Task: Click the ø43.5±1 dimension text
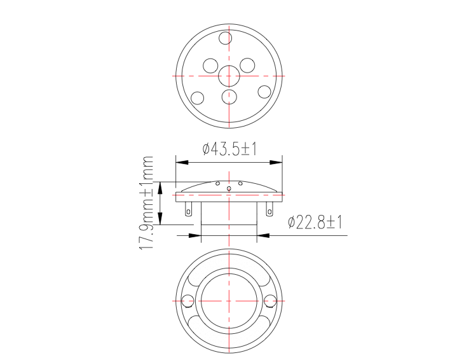[229, 149]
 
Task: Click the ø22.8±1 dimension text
[315, 223]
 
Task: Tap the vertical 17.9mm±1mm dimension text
[147, 203]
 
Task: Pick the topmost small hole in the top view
[225, 38]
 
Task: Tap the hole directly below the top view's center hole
[229, 97]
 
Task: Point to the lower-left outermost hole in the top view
[198, 98]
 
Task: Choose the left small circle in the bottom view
[188, 301]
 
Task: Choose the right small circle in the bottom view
[270, 301]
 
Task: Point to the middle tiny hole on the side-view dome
[229, 187]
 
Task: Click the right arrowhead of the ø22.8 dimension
[263, 235]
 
